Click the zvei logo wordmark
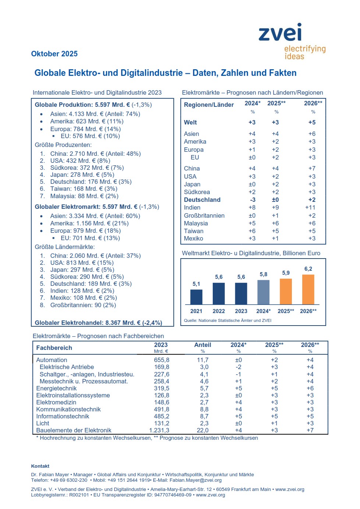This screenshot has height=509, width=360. pyautogui.click(x=280, y=32)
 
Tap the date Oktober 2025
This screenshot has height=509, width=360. pyautogui.click(x=54, y=54)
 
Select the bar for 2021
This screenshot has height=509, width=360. pyautogui.click(x=196, y=297)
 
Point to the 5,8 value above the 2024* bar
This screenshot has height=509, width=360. pyautogui.click(x=264, y=274)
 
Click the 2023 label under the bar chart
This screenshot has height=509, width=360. pyautogui.click(x=241, y=311)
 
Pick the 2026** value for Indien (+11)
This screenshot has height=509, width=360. pyautogui.click(x=310, y=207)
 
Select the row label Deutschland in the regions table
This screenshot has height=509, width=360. pyautogui.click(x=202, y=200)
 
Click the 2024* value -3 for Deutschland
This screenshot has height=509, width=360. pyautogui.click(x=253, y=200)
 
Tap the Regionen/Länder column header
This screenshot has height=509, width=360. pyautogui.click(x=209, y=105)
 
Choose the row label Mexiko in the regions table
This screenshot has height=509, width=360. pyautogui.click(x=194, y=238)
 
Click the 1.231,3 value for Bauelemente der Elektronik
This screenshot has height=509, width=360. pyautogui.click(x=159, y=430)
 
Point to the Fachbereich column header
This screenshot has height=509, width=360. pyautogui.click(x=54, y=348)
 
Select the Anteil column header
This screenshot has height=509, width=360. pyautogui.click(x=202, y=345)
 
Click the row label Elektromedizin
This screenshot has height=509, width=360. pyautogui.click(x=56, y=402)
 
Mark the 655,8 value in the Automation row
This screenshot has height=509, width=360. pyautogui.click(x=162, y=360)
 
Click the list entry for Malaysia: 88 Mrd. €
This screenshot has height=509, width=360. pyautogui.click(x=84, y=196)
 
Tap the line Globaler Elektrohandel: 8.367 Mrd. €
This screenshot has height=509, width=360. pyautogui.click(x=98, y=323)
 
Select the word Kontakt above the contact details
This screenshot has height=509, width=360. pyautogui.click(x=40, y=466)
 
